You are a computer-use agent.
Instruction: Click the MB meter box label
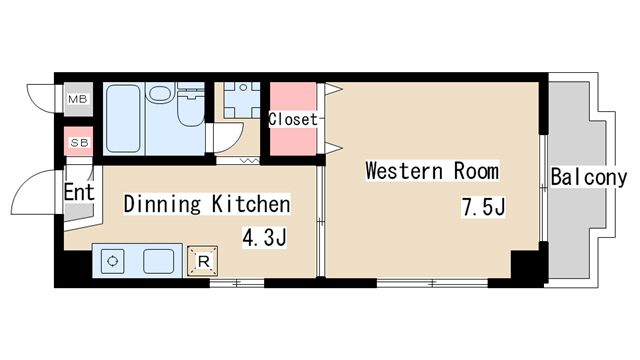[78, 99]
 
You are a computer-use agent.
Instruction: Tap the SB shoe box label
[79, 143]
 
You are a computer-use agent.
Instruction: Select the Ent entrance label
[79, 192]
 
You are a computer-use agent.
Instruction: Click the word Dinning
[162, 204]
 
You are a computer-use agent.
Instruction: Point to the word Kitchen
[251, 204]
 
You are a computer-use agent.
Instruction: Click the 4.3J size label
[264, 237]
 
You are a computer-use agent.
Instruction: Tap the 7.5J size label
[483, 207]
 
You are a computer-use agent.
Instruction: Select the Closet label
[293, 119]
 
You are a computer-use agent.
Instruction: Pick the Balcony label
[589, 178]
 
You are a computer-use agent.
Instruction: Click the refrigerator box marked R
[202, 261]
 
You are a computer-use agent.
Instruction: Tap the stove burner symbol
[113, 261]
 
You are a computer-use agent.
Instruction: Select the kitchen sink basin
[158, 261]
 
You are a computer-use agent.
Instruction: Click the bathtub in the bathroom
[123, 118]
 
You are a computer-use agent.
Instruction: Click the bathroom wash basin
[160, 92]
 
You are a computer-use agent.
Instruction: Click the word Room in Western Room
[476, 171]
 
